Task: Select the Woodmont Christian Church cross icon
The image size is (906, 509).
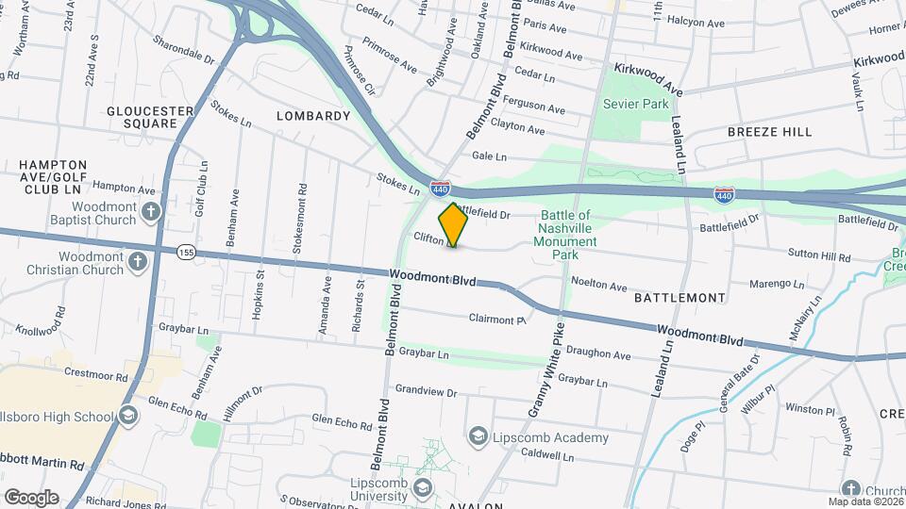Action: pyautogui.click(x=138, y=261)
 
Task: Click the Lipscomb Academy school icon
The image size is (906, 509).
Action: pyautogui.click(x=478, y=436)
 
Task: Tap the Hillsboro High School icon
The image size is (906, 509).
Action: pyautogui.click(x=127, y=417)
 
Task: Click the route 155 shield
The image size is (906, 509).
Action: pyautogui.click(x=186, y=251)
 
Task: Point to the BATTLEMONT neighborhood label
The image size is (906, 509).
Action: pyautogui.click(x=679, y=298)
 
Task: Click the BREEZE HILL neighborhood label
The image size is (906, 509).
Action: pyautogui.click(x=769, y=132)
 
